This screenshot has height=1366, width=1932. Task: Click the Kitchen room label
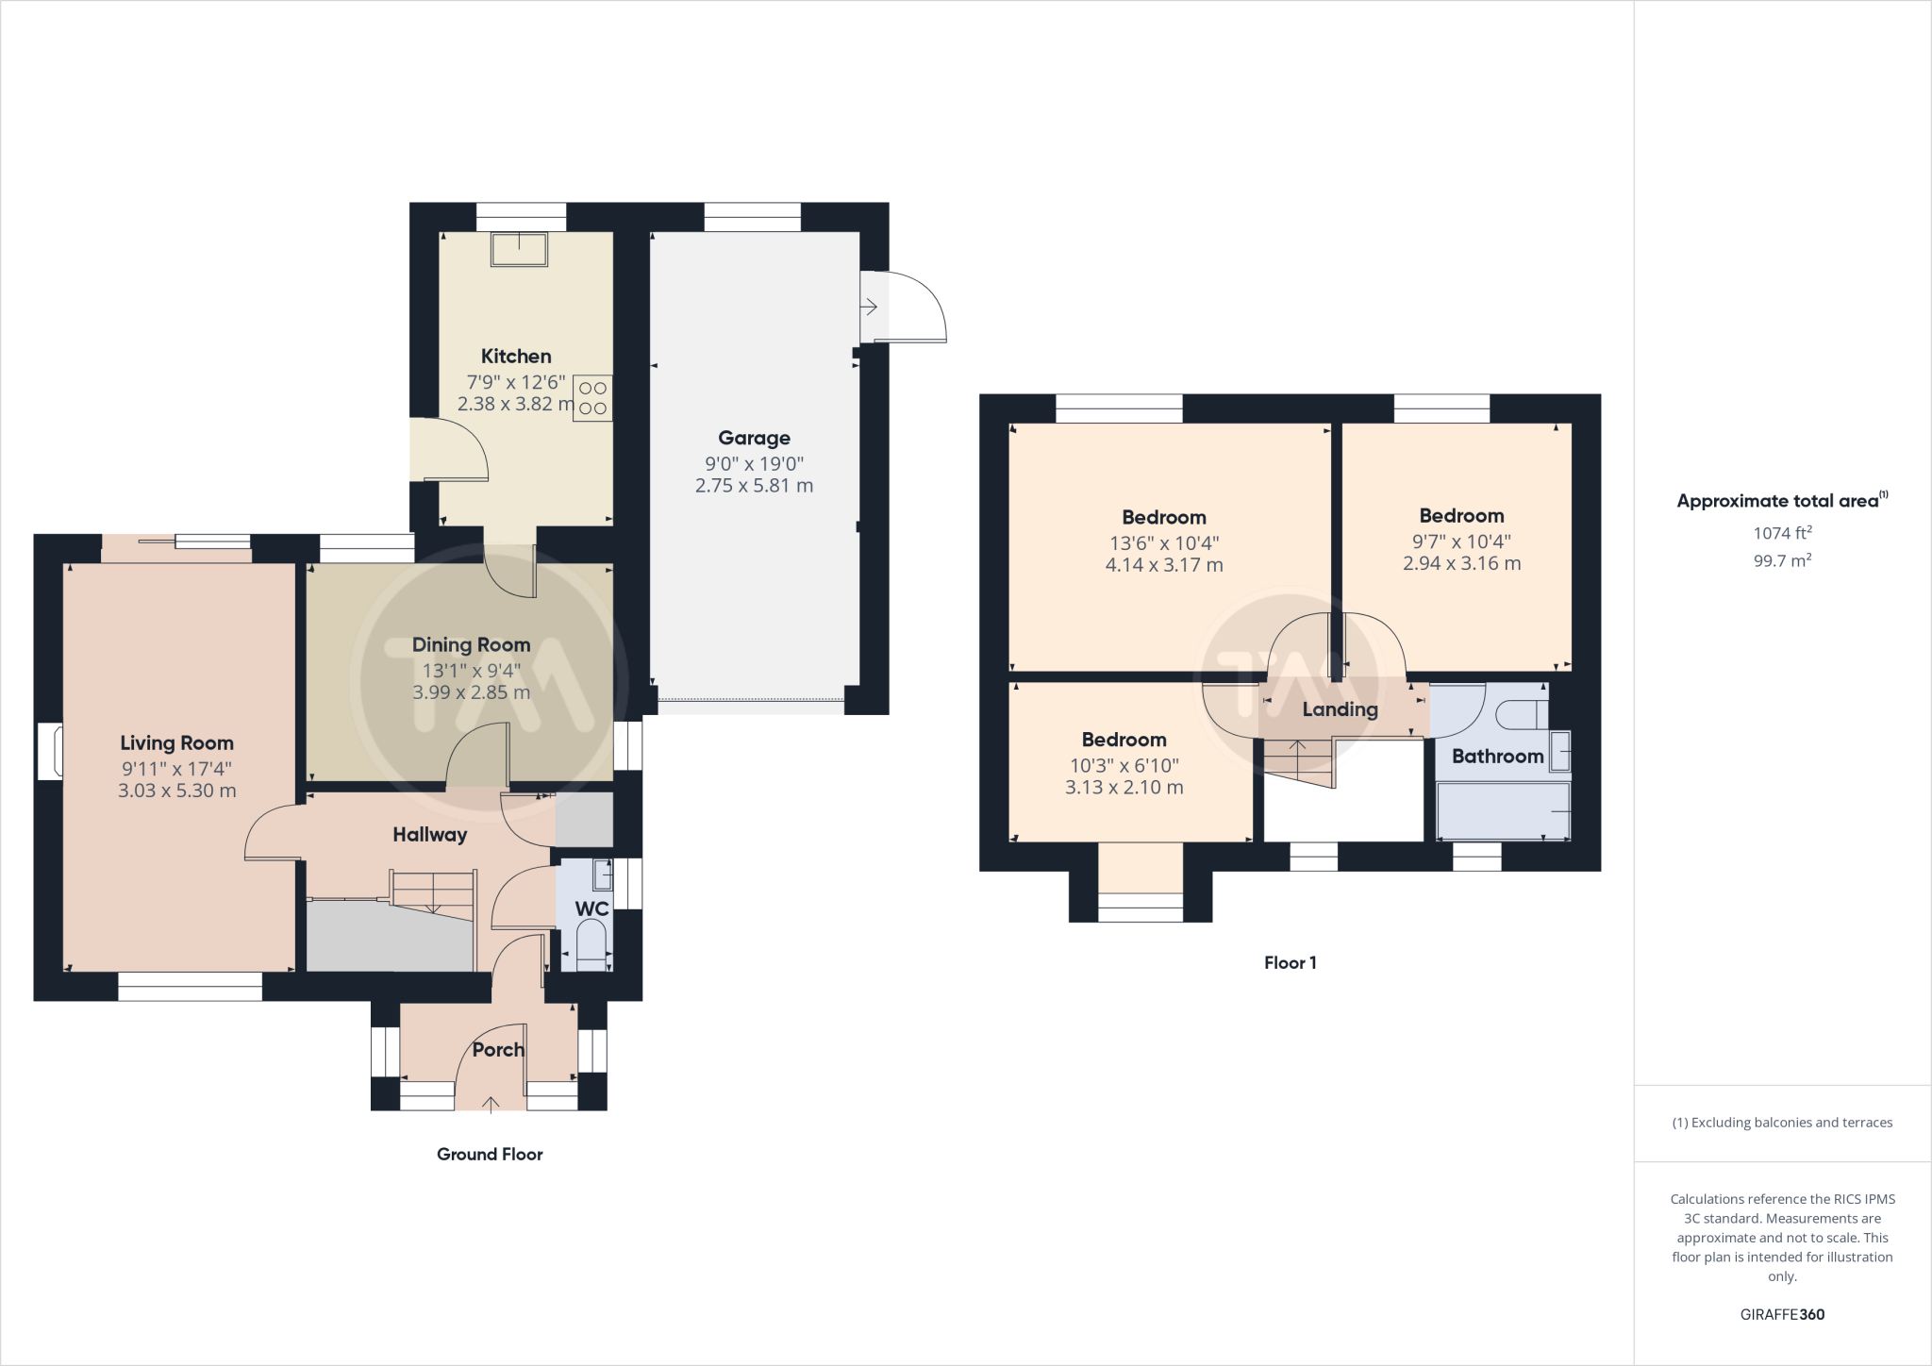coord(516,357)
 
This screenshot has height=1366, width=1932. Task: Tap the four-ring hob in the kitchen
coord(592,398)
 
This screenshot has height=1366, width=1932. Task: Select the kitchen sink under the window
coord(519,250)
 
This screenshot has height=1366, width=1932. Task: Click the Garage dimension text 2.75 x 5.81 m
coord(754,486)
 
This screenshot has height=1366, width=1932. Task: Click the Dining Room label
coord(471,645)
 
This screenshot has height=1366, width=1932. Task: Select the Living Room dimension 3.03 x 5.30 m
coord(177,791)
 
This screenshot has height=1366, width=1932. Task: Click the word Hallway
coord(430,835)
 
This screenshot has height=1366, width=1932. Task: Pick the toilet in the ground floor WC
coord(591,943)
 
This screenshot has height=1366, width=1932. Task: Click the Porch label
coord(498,1050)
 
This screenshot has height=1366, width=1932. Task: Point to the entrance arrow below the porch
coord(491,1103)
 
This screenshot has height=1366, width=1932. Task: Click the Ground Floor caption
coord(490,1155)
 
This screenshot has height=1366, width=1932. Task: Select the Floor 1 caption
coord(1290,963)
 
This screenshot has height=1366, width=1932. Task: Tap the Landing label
coord(1340,709)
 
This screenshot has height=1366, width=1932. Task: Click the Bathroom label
coord(1497,757)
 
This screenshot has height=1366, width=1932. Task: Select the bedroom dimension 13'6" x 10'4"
coord(1164,543)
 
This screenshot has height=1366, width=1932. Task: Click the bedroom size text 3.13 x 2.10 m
coord(1124,788)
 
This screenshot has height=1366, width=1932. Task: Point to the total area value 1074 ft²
coord(1782,533)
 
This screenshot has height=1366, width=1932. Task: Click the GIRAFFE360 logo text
coord(1782,1314)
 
